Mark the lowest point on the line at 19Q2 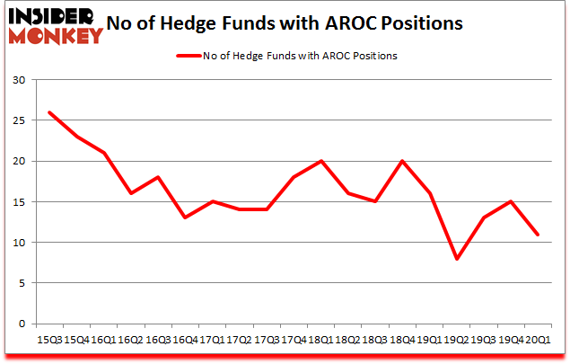(x=456, y=259)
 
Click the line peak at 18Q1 (x=320, y=162)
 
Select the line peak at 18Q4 (x=402, y=162)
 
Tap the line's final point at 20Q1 (x=537, y=235)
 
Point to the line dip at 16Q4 (x=185, y=218)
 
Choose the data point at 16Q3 (x=157, y=178)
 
